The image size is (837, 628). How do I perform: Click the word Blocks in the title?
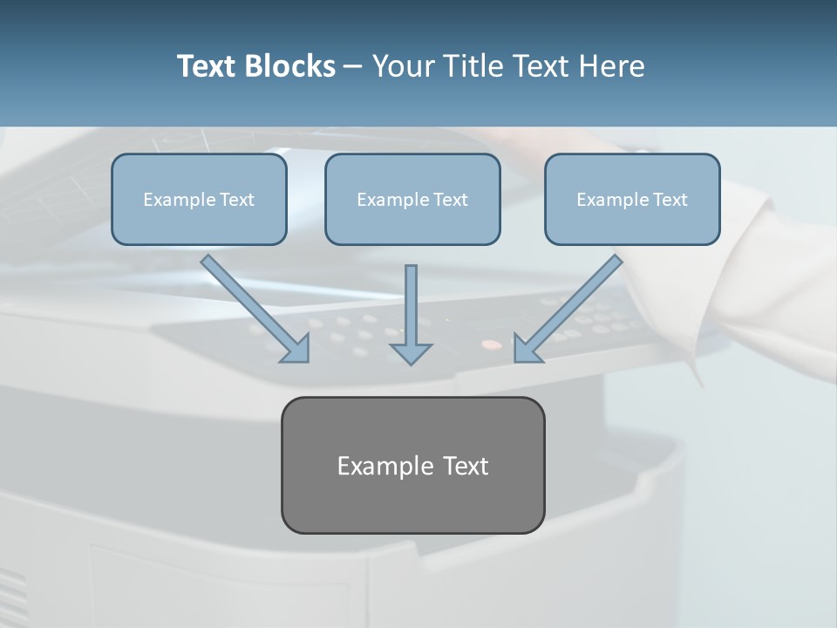291,66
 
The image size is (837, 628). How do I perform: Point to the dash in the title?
353,67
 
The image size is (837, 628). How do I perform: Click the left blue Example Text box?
199,199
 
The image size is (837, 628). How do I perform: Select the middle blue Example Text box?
412,199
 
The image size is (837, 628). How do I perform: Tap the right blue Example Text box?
632,199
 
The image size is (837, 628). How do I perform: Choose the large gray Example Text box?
412,465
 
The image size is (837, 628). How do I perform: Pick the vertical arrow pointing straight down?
411,305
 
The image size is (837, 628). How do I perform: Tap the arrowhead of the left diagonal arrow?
296,349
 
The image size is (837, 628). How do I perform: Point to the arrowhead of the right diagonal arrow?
527,349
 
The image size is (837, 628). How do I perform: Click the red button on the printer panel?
493,345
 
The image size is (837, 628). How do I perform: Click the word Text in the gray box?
466,466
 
